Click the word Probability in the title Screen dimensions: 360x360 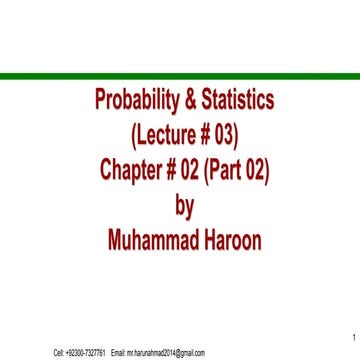click(135, 101)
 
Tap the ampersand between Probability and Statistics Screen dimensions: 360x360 click(187, 101)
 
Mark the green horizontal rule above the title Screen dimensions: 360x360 click(180, 74)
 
